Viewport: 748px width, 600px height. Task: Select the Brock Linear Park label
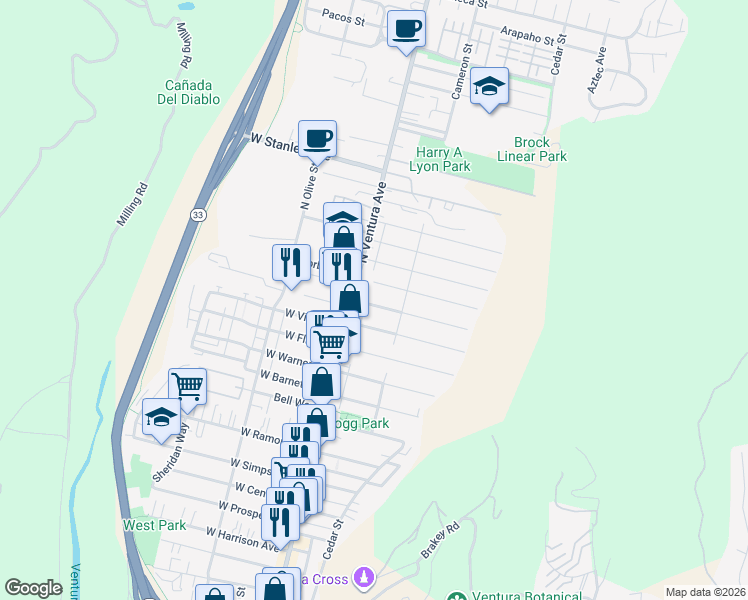(533, 149)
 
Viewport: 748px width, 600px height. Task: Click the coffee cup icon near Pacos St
(406, 29)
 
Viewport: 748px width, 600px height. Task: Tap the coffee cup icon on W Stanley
(317, 138)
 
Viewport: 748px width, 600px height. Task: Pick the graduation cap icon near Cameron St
(489, 88)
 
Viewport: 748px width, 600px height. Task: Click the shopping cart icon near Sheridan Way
(187, 385)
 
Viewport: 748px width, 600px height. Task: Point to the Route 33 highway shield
(198, 215)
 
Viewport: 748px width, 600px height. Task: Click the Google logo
(33, 588)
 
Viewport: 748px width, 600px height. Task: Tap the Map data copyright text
(705, 592)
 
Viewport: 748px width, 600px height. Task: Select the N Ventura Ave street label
(373, 221)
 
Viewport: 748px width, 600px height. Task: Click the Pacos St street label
(344, 17)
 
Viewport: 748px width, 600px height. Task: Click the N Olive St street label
(307, 185)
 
